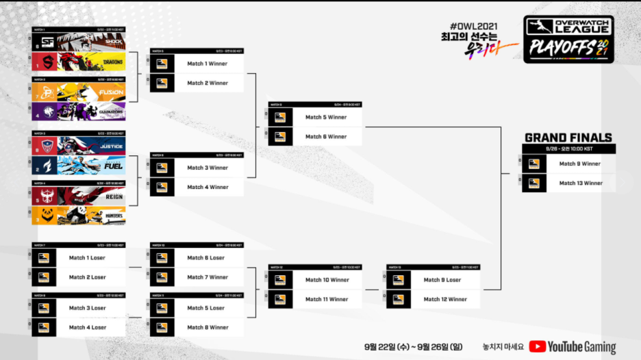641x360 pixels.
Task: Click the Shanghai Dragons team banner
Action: (79, 62)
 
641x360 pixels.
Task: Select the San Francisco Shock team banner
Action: (79, 42)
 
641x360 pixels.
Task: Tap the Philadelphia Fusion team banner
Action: (79, 92)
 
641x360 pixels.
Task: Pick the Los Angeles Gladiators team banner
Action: (79, 111)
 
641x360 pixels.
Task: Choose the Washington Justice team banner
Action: (79, 145)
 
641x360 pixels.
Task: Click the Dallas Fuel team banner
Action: (79, 164)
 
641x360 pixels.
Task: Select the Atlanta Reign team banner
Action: (79, 196)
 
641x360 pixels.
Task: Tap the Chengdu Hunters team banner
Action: (79, 216)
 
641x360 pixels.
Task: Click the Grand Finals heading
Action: (568, 138)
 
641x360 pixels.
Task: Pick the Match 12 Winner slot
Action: (444, 299)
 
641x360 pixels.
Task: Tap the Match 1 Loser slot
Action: (88, 258)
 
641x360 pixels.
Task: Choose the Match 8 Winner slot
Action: (208, 327)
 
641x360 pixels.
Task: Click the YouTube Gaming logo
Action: (572, 347)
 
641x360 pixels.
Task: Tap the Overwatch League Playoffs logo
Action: (568, 39)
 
